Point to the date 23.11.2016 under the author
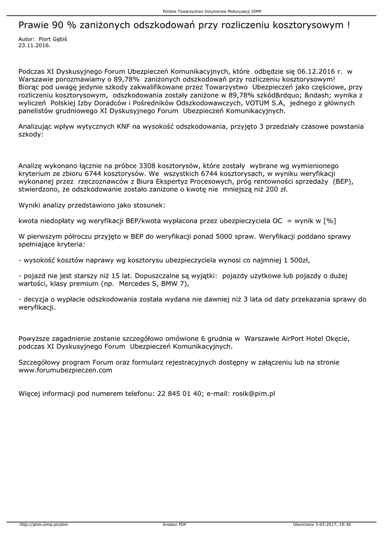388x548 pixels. pyautogui.click(x=34, y=45)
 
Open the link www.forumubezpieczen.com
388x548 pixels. pyautogui.click(x=65, y=370)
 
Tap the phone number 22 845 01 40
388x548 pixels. pyautogui.click(x=180, y=393)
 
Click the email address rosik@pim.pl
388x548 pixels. pyautogui.click(x=254, y=393)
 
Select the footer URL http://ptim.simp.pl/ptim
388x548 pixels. pyautogui.click(x=44, y=524)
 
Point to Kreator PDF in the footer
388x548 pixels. pyautogui.click(x=174, y=524)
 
